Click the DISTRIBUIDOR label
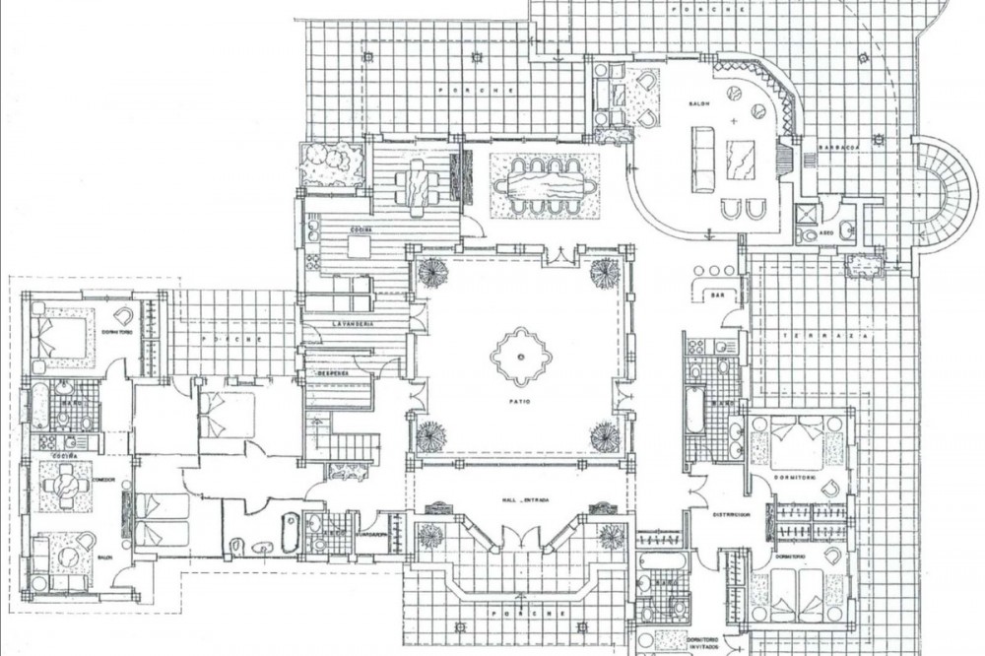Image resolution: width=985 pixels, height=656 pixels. point(733,514)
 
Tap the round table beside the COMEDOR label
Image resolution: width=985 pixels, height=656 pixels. point(67,483)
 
